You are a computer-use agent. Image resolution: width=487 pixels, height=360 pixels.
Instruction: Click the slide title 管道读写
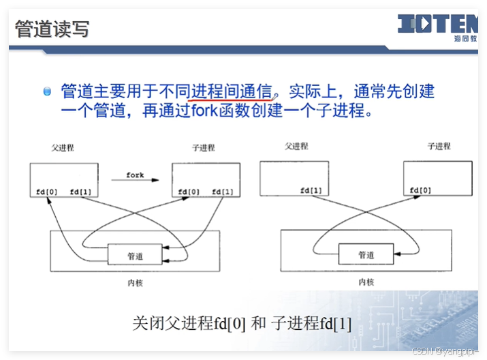tap(52, 29)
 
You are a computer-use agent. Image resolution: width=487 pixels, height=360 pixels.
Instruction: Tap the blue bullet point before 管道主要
tap(47, 91)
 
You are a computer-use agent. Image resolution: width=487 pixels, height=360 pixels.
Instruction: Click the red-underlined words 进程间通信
tap(232, 91)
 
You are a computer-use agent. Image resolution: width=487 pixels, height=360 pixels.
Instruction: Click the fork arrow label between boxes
tap(135, 175)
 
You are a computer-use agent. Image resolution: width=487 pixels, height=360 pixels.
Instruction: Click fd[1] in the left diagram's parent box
tap(80, 192)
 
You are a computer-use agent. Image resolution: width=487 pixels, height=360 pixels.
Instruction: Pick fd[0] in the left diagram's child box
tap(189, 192)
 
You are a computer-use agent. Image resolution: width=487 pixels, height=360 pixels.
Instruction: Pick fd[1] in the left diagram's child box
tap(222, 192)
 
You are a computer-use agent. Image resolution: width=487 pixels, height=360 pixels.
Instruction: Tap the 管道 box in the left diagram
tap(135, 255)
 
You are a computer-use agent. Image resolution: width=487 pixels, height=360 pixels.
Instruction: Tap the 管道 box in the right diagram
tap(366, 255)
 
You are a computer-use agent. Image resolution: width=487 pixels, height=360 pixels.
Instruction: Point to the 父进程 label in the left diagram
tap(63, 147)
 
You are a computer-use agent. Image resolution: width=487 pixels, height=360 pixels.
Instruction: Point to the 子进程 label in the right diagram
tap(439, 147)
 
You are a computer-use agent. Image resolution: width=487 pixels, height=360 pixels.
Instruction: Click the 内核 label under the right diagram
tap(366, 281)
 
